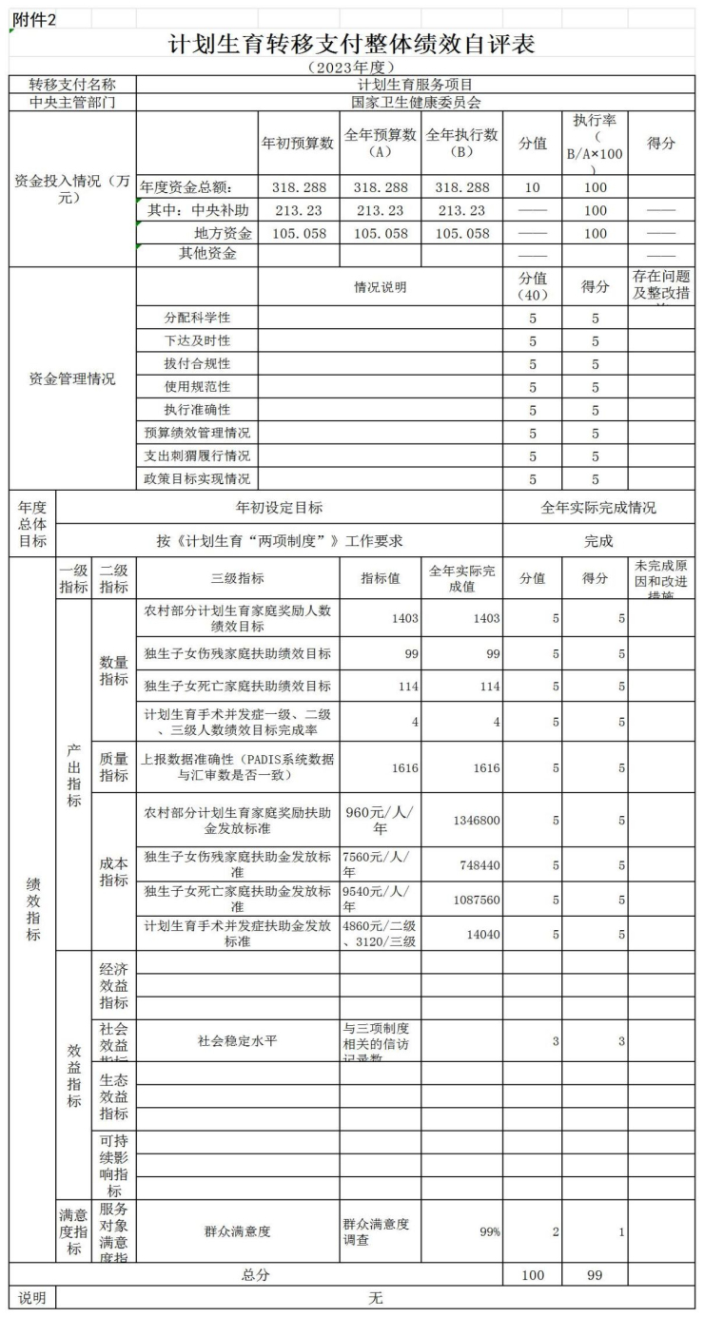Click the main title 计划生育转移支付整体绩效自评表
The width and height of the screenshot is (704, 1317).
tap(352, 44)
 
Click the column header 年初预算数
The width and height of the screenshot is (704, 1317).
tap(298, 143)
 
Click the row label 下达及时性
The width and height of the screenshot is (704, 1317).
tap(197, 340)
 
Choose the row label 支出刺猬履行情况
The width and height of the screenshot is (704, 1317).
tap(197, 455)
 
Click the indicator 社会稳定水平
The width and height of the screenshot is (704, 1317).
tap(238, 1040)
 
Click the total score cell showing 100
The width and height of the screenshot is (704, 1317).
tap(532, 1274)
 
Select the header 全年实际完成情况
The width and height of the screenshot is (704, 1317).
tap(598, 508)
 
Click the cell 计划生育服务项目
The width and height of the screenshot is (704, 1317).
tap(416, 85)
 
